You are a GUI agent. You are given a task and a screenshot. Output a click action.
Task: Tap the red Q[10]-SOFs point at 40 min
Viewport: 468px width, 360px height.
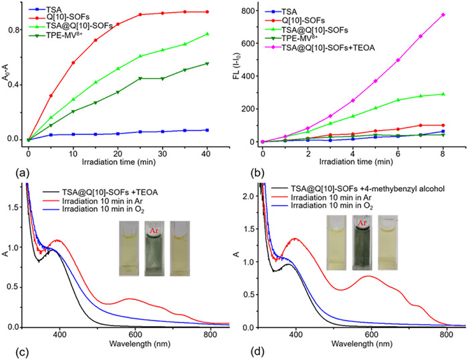pyautogui.click(x=207, y=12)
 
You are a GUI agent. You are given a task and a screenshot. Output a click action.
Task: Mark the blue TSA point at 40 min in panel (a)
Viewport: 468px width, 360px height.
pyautogui.click(x=207, y=130)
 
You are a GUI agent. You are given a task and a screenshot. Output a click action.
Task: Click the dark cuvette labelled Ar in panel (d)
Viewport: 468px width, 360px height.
pyautogui.click(x=364, y=242)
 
